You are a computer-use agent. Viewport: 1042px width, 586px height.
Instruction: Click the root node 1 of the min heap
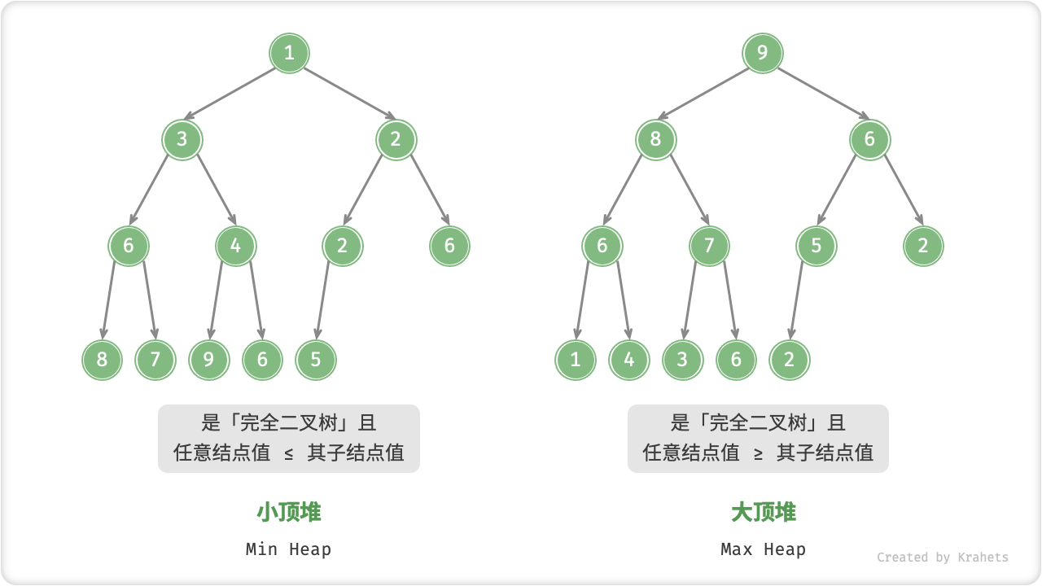289,54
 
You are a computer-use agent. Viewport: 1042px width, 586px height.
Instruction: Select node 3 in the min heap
182,139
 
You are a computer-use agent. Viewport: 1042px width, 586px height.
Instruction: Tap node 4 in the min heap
235,246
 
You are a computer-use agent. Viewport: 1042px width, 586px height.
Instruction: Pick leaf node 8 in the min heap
102,360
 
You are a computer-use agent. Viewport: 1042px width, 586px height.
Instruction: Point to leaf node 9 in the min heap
208,360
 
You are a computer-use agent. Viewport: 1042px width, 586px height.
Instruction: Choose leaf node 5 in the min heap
316,360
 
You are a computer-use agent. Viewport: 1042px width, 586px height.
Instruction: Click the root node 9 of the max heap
763,54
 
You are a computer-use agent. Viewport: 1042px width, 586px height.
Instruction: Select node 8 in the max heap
655,139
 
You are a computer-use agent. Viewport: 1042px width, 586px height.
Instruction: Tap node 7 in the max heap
709,246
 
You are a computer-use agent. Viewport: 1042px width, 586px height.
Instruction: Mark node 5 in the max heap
816,246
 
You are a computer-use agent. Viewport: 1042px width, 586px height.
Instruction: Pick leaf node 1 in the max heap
576,360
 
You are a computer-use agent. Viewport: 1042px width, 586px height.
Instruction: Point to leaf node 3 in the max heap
682,360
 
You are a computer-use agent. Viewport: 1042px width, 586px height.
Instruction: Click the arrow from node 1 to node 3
235,96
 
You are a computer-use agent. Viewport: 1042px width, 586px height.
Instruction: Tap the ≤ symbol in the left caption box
289,453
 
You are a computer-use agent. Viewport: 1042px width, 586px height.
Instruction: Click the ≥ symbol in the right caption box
759,453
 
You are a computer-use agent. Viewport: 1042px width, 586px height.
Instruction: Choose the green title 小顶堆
289,512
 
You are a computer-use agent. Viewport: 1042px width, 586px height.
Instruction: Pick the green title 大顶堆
763,512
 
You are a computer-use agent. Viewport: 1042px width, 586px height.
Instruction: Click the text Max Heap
763,549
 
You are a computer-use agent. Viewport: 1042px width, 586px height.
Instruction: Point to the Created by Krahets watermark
942,558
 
